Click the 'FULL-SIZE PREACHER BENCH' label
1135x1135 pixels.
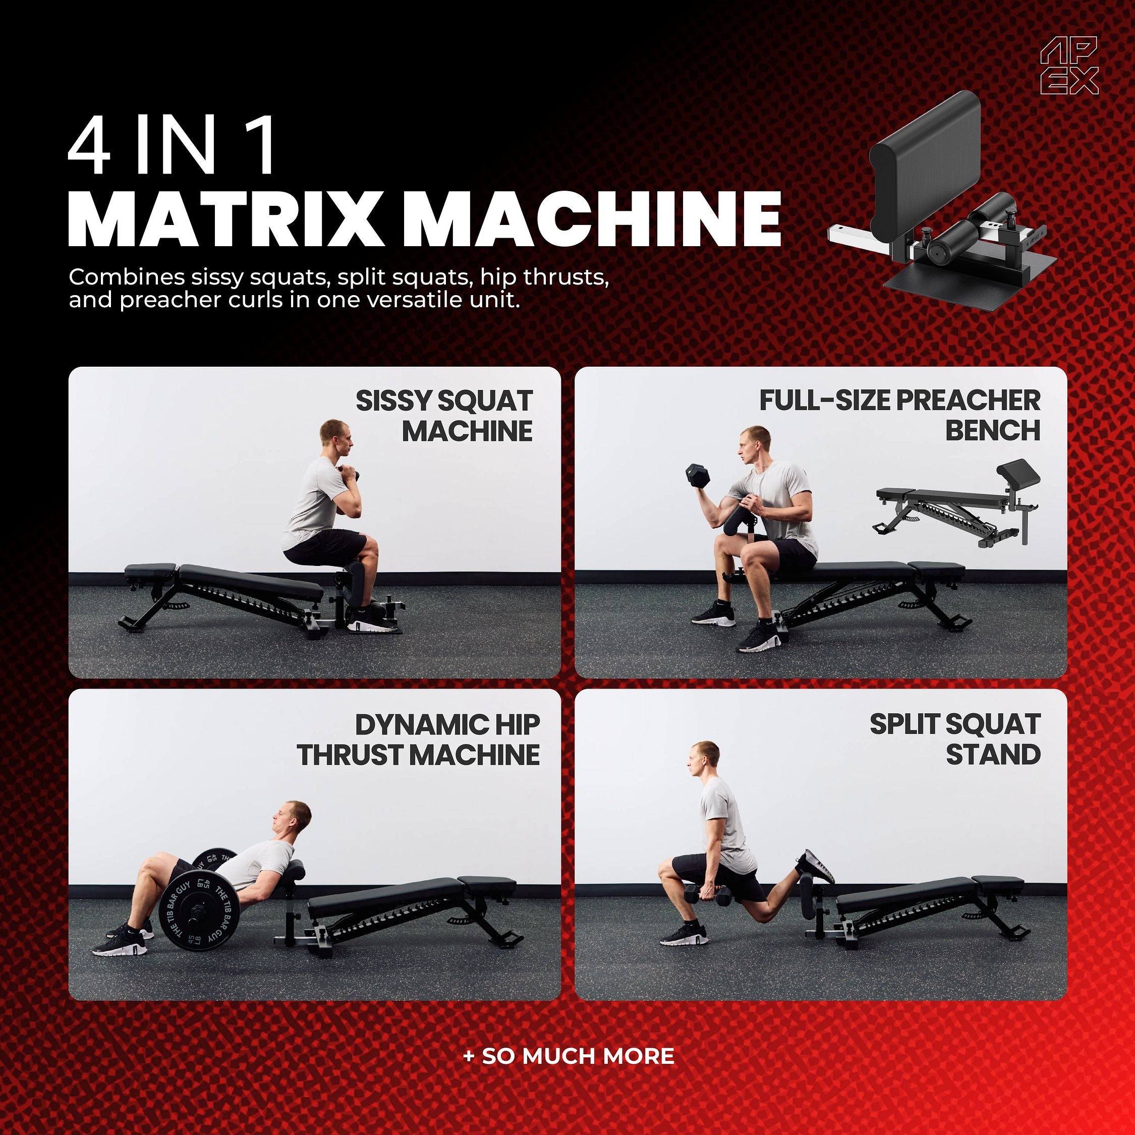pos(899,415)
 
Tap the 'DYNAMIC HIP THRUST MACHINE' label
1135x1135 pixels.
pos(418,740)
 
